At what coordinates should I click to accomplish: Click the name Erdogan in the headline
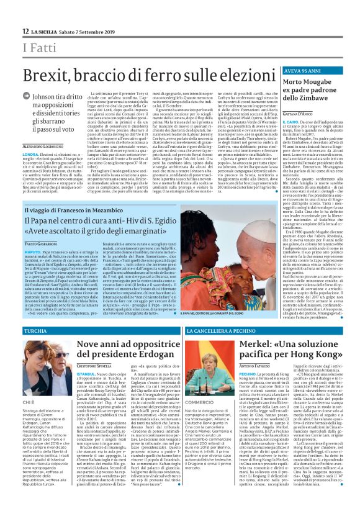pyautogui.click(x=153, y=353)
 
